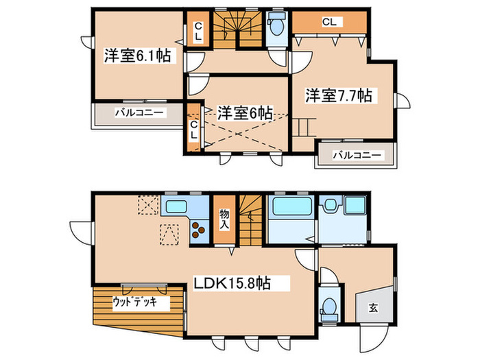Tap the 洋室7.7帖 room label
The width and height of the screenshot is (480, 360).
click(x=338, y=95)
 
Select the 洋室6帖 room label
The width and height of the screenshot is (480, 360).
click(x=244, y=112)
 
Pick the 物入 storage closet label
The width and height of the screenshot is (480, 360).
click(x=224, y=219)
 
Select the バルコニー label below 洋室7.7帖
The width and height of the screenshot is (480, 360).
click(x=357, y=156)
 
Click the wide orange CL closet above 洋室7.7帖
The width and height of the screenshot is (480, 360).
click(x=329, y=22)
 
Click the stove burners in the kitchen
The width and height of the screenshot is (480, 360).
click(x=199, y=230)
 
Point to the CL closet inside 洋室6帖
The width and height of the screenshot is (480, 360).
click(x=194, y=131)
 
